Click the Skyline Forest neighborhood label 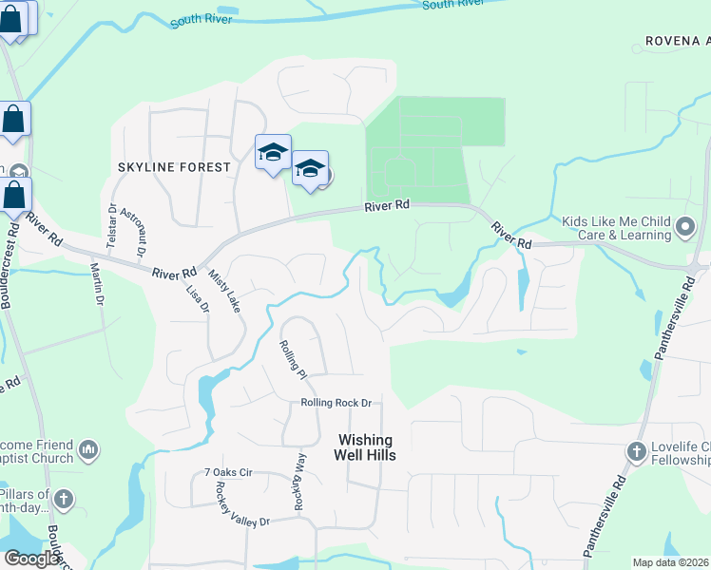[174, 167]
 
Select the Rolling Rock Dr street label [335, 403]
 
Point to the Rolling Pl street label [292, 360]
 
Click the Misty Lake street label [224, 289]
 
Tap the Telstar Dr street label [112, 226]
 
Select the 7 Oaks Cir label [227, 472]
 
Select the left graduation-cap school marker [273, 151]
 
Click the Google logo [31, 559]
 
